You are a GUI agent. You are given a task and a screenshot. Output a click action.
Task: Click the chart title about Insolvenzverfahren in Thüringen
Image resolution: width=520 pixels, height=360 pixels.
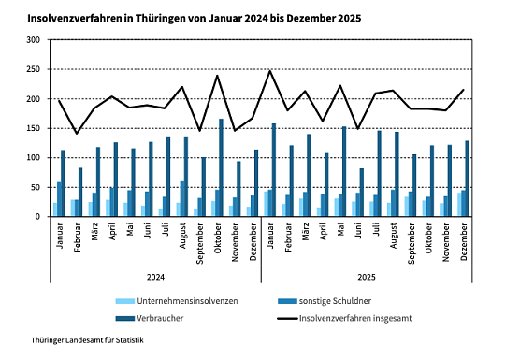click(x=193, y=18)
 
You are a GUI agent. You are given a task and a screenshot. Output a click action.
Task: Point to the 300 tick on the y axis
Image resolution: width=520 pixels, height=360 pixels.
click(x=33, y=40)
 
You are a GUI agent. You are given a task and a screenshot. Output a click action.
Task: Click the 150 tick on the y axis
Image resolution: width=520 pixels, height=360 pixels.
click(x=33, y=128)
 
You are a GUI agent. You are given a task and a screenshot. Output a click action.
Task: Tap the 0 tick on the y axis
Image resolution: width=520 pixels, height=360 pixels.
click(x=36, y=217)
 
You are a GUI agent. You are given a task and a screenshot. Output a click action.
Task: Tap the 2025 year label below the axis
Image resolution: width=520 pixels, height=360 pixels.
click(x=366, y=276)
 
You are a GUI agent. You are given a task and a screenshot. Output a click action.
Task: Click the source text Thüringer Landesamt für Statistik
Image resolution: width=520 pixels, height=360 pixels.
click(x=88, y=343)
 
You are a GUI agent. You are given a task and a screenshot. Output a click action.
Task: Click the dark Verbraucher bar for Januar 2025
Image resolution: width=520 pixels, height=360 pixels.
click(x=274, y=170)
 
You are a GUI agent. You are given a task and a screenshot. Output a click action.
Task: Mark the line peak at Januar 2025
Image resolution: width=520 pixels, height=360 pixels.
click(x=269, y=71)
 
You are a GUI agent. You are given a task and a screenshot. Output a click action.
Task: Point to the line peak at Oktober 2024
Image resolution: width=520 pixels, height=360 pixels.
click(x=217, y=76)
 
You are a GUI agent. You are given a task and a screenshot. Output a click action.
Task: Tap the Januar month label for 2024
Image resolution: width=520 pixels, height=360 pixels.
click(x=60, y=236)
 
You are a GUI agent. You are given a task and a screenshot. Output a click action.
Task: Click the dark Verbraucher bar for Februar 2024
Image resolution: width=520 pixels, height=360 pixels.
click(x=80, y=193)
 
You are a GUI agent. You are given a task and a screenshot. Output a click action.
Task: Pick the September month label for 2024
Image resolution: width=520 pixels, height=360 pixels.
click(x=200, y=242)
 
